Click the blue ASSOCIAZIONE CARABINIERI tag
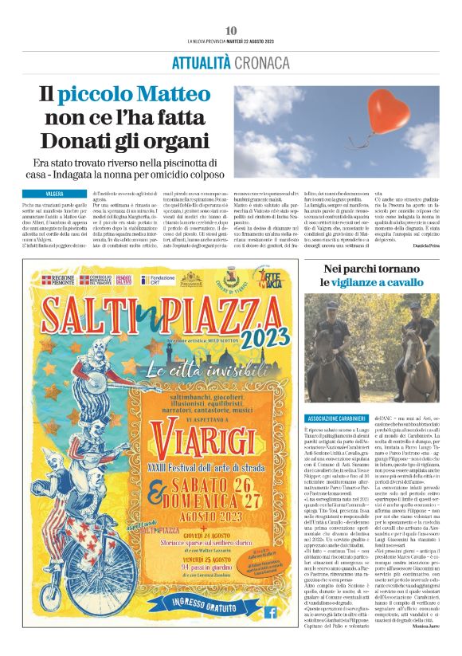click(338, 419)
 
